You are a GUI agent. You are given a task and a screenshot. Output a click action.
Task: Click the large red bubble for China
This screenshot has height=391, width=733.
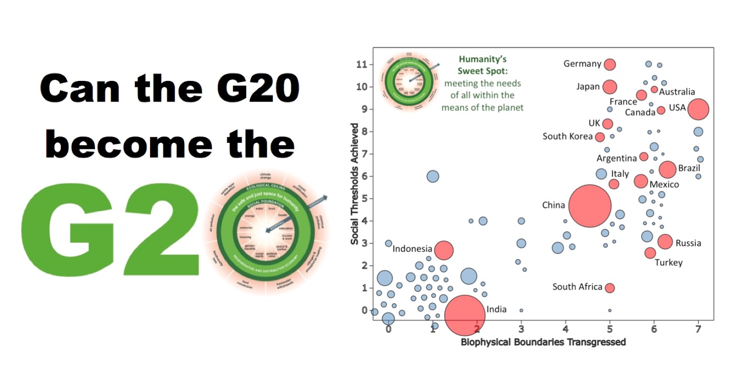click(590, 205)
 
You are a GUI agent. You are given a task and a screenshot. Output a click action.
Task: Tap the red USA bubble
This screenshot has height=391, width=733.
click(698, 109)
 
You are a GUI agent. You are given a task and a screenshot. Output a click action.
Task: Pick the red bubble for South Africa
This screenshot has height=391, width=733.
click(609, 288)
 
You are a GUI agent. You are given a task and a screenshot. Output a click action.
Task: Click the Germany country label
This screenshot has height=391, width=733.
click(582, 64)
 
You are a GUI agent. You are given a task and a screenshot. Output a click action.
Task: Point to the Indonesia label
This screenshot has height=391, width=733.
click(412, 249)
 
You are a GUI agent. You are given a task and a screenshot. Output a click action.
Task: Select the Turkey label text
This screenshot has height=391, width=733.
click(668, 262)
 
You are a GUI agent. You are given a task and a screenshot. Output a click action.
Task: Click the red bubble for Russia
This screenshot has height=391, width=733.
click(665, 242)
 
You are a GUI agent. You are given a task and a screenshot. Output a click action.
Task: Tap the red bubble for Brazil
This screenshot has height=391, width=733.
click(667, 169)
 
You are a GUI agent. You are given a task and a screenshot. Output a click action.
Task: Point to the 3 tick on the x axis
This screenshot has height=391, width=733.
click(521, 329)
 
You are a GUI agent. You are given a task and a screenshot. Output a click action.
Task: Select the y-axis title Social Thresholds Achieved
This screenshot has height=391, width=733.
click(355, 184)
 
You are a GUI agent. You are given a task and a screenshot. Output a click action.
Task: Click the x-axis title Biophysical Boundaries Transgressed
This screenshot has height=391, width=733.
click(543, 343)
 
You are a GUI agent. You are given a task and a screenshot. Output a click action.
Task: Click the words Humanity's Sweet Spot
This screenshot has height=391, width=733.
click(482, 65)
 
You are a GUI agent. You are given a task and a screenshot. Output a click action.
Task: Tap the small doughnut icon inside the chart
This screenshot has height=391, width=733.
click(411, 80)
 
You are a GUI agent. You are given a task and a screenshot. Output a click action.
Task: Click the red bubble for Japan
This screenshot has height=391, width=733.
click(610, 87)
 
